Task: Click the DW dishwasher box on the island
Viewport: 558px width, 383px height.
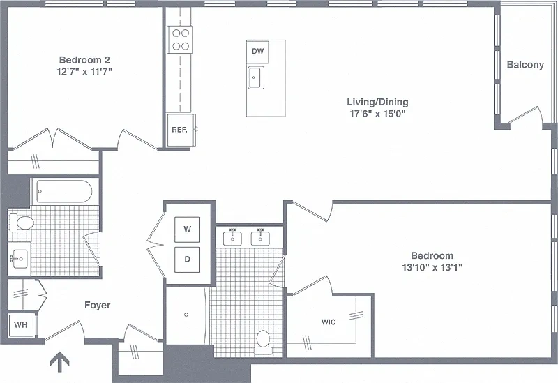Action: coord(257,51)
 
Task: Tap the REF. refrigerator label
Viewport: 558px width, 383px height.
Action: coord(179,130)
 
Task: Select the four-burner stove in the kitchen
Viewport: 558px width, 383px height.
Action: coord(180,40)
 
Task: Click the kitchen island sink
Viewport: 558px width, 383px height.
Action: coord(256,77)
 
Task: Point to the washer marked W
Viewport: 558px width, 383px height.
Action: coord(187,230)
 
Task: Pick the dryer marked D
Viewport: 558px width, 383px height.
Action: coord(187,260)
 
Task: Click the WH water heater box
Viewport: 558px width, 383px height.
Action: coord(21,325)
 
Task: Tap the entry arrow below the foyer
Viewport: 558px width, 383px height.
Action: coord(59,361)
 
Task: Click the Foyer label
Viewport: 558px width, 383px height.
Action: coord(97,306)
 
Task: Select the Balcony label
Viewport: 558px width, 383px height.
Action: coord(525,65)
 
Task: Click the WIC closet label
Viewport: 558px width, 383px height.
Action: coord(329,322)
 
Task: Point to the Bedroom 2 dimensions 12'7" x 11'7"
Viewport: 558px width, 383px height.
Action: coord(84,72)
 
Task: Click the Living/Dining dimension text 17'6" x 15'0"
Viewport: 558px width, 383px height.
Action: coord(377,114)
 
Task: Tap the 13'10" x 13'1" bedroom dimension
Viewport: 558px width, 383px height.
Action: coord(432,267)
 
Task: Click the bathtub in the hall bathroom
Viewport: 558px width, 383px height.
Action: coord(64,191)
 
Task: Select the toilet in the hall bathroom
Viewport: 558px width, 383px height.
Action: coord(22,223)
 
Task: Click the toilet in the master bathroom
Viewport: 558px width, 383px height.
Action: coord(264,343)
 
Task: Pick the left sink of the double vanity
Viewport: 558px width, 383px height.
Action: coord(232,238)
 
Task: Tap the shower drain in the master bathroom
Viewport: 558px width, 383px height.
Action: coord(186,315)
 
